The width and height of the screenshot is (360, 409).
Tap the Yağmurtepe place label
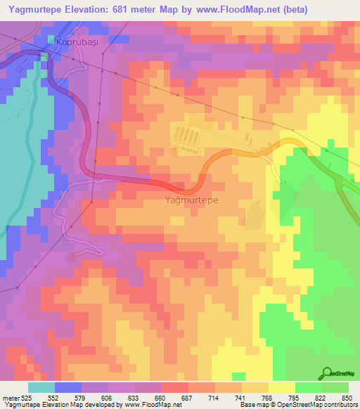click(191, 200)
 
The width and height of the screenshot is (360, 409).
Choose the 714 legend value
click(213, 397)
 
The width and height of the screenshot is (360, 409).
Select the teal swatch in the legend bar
click(41, 387)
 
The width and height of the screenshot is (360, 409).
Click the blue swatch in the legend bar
click(66, 387)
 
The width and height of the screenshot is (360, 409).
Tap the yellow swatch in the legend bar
click(282, 387)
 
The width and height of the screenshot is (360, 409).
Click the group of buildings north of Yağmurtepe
click(188, 139)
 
